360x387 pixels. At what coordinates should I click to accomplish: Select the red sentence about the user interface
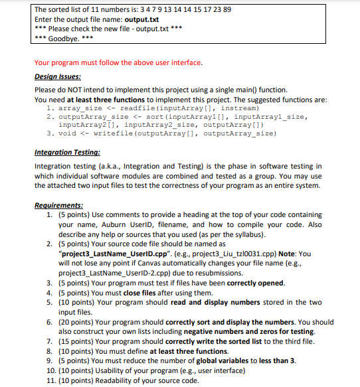[118, 63]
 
